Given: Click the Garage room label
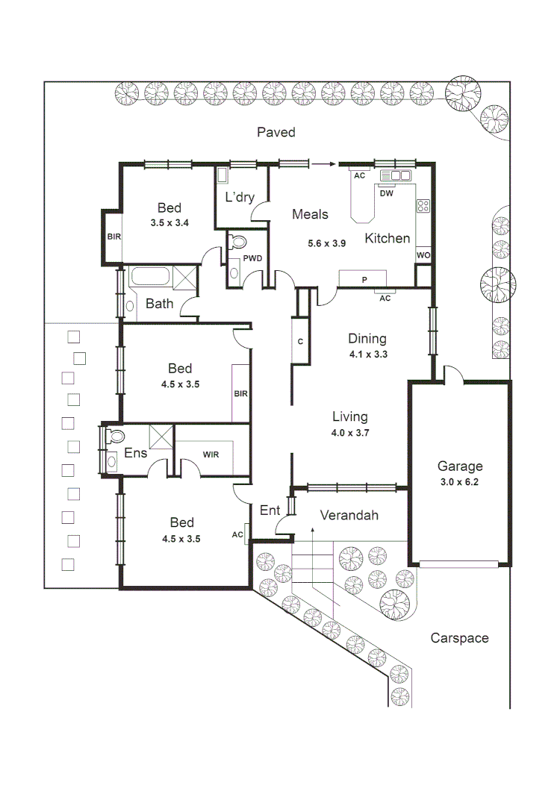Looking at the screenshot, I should [459, 466].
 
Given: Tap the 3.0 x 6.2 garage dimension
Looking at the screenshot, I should [459, 483].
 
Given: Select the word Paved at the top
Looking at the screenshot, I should [276, 132].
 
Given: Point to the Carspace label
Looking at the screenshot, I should [459, 638].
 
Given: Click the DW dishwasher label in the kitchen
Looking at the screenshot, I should [386, 193].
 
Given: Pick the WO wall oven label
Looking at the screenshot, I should [423, 255].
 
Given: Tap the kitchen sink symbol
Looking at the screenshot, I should [395, 175].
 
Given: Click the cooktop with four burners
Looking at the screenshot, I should [423, 205].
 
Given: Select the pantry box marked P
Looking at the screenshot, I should [364, 278].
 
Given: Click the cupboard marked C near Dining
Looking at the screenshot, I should [300, 342].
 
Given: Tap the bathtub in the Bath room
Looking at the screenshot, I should [151, 278].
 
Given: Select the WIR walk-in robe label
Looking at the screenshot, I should [211, 454].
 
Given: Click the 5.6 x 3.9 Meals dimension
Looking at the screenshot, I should [328, 243].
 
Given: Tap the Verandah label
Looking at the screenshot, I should [349, 515].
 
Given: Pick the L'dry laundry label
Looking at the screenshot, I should [240, 197].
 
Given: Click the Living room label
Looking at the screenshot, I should [349, 416].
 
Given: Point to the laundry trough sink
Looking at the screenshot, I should [223, 176].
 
